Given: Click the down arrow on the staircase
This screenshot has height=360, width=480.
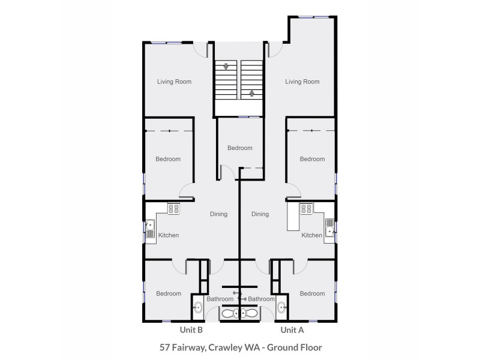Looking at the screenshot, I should click(x=226, y=67).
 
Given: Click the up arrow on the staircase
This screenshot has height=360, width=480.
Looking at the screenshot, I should click(x=252, y=93).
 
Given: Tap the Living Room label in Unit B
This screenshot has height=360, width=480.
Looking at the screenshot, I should click(x=174, y=82).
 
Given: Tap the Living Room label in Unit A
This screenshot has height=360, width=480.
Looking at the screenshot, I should click(x=302, y=82).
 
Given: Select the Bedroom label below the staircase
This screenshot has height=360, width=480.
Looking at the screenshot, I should click(x=239, y=148).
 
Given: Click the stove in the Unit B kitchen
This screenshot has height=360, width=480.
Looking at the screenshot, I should click(x=173, y=209).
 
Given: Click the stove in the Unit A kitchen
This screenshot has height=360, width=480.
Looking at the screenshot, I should click(x=305, y=209).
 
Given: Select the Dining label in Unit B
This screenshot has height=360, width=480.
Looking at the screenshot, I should click(x=218, y=214).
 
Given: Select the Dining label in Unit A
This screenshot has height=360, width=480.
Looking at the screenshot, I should click(x=260, y=214).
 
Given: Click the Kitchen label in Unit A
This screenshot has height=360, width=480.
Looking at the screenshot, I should click(x=311, y=235).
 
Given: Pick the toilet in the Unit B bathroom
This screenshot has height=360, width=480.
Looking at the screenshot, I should click(x=229, y=313).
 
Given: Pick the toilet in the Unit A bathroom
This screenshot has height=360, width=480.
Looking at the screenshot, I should click(x=251, y=313).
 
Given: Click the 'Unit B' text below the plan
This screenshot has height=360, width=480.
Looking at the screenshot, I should click(x=191, y=330).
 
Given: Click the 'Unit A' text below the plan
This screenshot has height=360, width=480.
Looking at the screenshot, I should click(x=292, y=330).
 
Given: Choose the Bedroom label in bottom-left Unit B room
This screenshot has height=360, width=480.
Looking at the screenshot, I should click(x=169, y=293).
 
